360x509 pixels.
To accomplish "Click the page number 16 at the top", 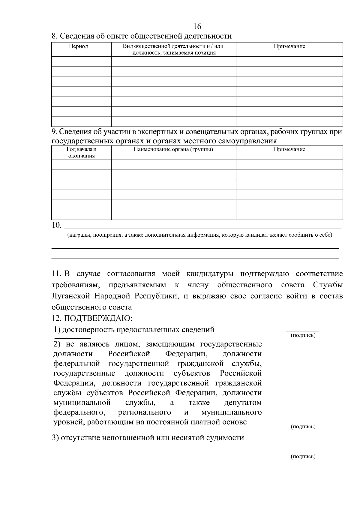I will pyautogui.click(x=197, y=26).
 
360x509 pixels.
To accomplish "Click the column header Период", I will pyautogui.click(x=78, y=46).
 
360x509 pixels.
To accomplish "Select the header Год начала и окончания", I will pyautogui.click(x=81, y=152).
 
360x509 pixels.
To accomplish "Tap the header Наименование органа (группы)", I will pyautogui.click(x=173, y=149).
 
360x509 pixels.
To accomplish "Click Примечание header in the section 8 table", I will pyautogui.click(x=289, y=46).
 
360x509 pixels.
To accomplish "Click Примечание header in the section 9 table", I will pyautogui.click(x=289, y=149).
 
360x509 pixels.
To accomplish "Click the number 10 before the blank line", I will pyautogui.click(x=56, y=225).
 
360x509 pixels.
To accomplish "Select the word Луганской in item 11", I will pyautogui.click(x=70, y=296).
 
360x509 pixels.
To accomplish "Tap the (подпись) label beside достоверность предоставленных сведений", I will pyautogui.click(x=303, y=335).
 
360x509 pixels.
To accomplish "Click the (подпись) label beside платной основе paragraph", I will pyautogui.click(x=303, y=427).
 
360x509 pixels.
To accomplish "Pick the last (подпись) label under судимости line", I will pyautogui.click(x=303, y=457).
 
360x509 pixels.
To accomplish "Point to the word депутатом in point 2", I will pyautogui.click(x=243, y=403).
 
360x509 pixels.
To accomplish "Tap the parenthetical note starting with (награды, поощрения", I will pyautogui.click(x=199, y=235).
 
